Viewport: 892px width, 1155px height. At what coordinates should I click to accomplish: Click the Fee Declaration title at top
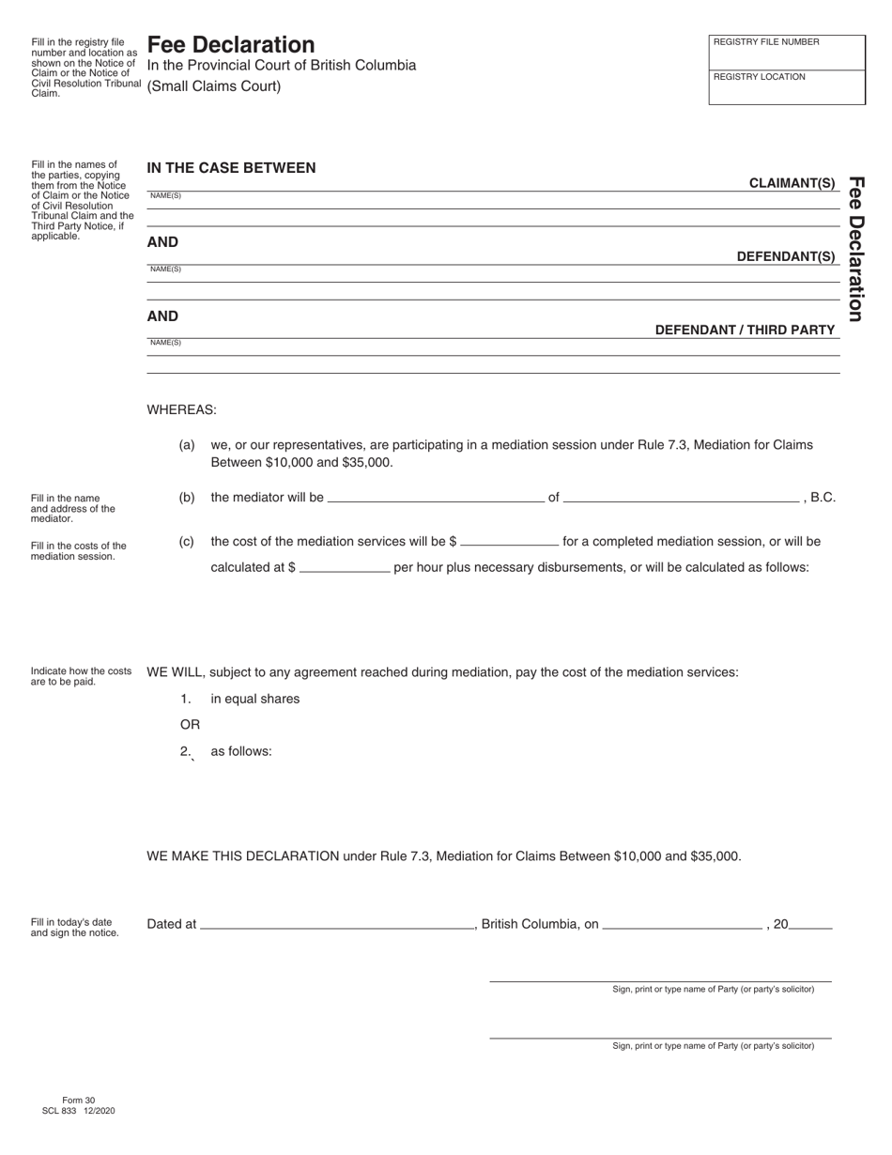tap(231, 44)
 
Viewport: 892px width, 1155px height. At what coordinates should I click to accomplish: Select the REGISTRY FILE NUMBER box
tap(787, 53)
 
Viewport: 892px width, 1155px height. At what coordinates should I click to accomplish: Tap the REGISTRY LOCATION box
tap(787, 87)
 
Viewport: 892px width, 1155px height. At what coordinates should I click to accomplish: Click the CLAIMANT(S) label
tap(792, 183)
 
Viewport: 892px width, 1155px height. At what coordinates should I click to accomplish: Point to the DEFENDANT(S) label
tap(786, 256)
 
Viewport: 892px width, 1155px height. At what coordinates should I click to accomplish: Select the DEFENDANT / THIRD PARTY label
tap(745, 330)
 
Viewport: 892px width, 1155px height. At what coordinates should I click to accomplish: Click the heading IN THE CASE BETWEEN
tap(231, 168)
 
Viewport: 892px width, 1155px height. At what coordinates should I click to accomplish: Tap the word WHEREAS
tap(181, 409)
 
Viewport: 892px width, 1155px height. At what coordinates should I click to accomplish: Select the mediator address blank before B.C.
tap(681, 497)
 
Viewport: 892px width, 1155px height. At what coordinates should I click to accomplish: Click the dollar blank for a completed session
tap(510, 541)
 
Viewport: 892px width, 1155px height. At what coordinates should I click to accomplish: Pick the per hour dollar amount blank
tap(344, 567)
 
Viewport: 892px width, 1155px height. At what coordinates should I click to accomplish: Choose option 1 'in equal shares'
tap(254, 699)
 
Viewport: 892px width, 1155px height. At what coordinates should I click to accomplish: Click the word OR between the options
tap(190, 725)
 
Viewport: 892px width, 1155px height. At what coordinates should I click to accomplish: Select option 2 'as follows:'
tap(240, 751)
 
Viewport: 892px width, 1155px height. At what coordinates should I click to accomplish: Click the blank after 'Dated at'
tap(337, 924)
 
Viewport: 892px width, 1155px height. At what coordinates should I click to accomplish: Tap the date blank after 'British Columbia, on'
tap(682, 924)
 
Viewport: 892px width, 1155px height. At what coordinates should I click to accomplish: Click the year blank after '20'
tap(811, 924)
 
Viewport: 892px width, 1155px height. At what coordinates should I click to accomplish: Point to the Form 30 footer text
tap(78, 1100)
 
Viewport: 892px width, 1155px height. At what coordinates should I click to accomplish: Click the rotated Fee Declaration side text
tap(855, 249)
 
